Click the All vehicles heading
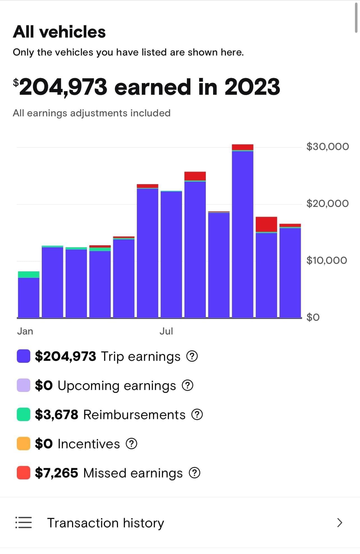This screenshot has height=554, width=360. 59,32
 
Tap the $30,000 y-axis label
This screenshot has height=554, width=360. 327,146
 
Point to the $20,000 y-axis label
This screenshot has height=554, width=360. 327,203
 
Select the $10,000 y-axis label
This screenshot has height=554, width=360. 327,260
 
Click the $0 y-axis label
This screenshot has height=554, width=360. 313,317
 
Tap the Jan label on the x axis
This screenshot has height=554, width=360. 25,331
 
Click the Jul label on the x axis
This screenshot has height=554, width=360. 166,331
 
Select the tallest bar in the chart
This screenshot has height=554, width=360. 243,233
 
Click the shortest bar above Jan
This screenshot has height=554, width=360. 29,297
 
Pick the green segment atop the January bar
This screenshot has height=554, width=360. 29,274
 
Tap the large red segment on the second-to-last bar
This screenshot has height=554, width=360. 266,224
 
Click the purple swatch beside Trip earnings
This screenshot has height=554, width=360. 24,356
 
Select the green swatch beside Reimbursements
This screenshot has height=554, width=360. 24,414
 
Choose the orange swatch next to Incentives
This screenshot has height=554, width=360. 24,444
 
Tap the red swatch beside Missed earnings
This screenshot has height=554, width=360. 24,473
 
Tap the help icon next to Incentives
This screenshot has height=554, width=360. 131,444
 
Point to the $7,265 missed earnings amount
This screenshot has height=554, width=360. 56,473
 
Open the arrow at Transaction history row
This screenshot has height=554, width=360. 340,523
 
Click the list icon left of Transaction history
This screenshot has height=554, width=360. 24,523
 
